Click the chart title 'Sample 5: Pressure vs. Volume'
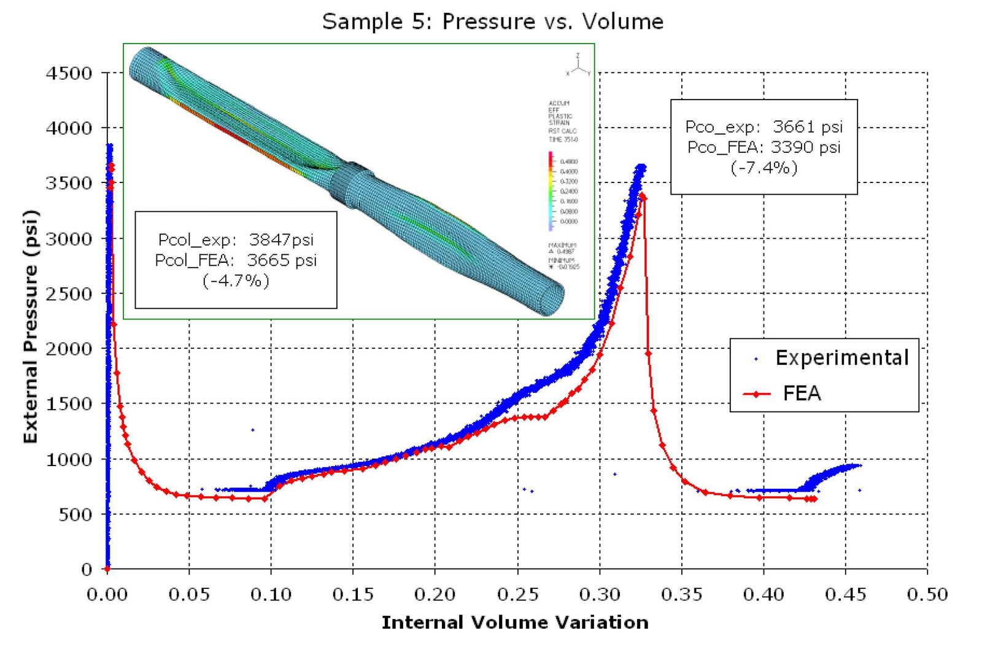(x=493, y=21)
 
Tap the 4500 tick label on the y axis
(x=69, y=73)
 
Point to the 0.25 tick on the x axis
(x=517, y=594)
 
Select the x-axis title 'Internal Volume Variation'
(x=515, y=623)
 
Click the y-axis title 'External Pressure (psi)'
(x=30, y=327)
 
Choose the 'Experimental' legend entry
(x=841, y=358)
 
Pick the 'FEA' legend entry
(x=802, y=393)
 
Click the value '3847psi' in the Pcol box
(x=281, y=239)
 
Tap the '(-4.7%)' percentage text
(x=236, y=281)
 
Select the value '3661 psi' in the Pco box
(x=807, y=126)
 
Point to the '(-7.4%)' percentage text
(x=764, y=167)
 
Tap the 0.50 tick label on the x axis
(x=927, y=594)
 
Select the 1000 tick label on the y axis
(x=69, y=459)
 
